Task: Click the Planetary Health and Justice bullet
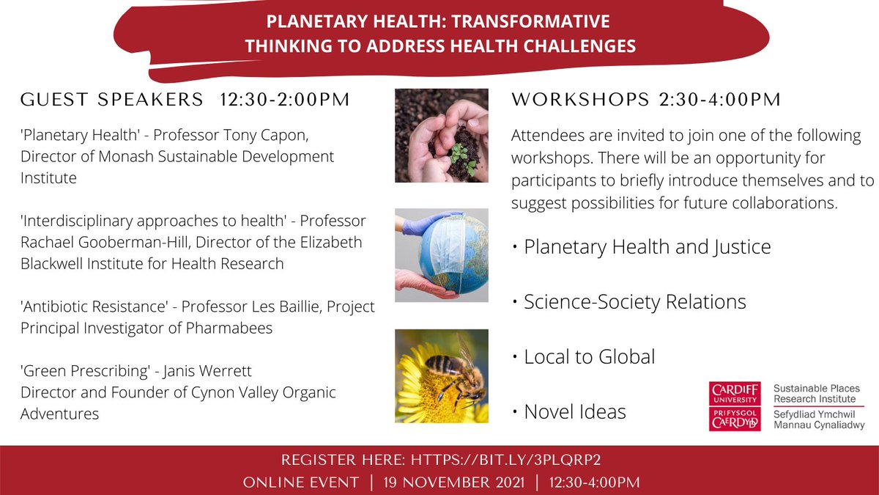coord(648,247)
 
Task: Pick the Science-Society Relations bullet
coord(635,301)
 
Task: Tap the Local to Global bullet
coord(590,356)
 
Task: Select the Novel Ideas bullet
coord(575,412)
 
